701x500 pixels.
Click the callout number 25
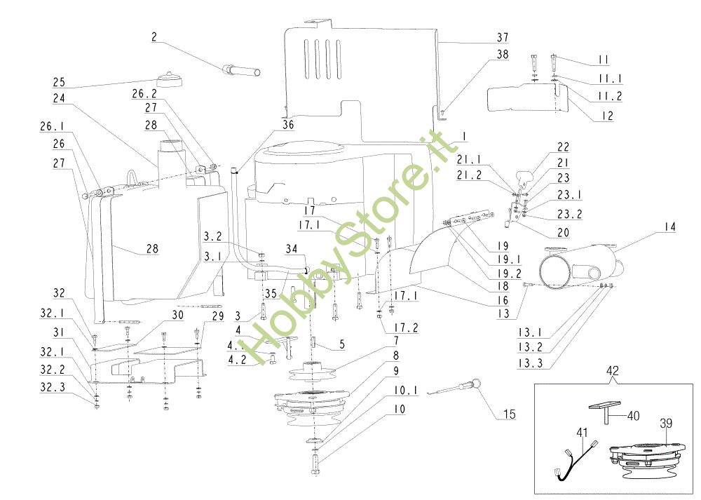[x=58, y=82]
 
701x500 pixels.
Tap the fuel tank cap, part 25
[x=170, y=79]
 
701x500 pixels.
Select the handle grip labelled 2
[x=240, y=71]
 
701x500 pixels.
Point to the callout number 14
[x=670, y=227]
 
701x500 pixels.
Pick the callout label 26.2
[x=144, y=93]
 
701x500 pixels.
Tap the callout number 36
[x=288, y=126]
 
